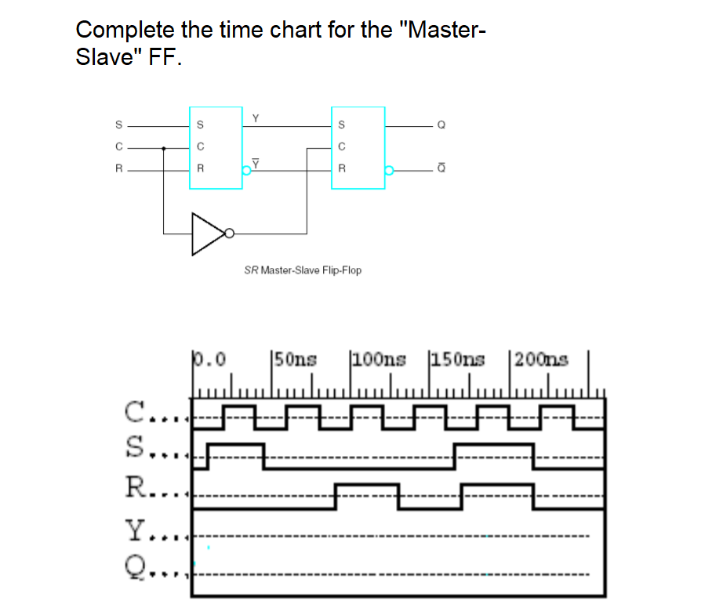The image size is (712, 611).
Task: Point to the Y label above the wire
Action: (255, 117)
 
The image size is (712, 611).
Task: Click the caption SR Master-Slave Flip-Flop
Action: (303, 270)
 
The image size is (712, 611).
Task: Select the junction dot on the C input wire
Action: (163, 147)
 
